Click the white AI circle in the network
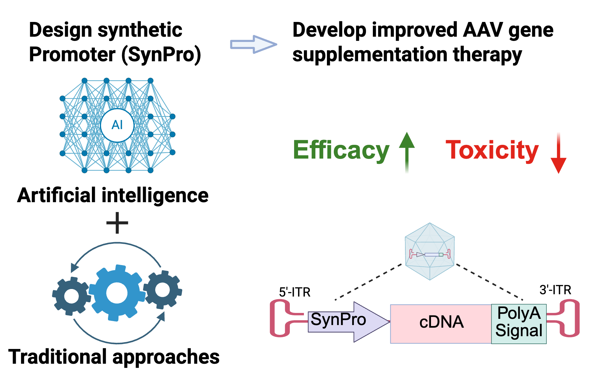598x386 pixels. pyautogui.click(x=117, y=125)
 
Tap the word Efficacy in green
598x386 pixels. pyautogui.click(x=341, y=150)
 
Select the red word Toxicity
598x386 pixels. pyautogui.click(x=492, y=150)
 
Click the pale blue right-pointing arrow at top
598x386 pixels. pyautogui.click(x=253, y=44)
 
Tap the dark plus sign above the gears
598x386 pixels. pyautogui.click(x=117, y=223)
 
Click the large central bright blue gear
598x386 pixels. pyautogui.click(x=117, y=293)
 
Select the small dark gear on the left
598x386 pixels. pyautogui.click(x=71, y=296)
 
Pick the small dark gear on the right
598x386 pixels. pyautogui.click(x=163, y=290)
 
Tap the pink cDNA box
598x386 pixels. pyautogui.click(x=440, y=323)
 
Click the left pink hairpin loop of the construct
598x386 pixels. pyautogui.click(x=279, y=318)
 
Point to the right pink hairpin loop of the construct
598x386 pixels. pyautogui.click(x=570, y=318)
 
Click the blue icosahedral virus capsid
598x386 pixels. pyautogui.click(x=430, y=251)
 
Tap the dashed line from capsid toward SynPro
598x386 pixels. pyautogui.click(x=368, y=282)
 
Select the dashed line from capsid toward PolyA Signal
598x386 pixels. pyautogui.click(x=489, y=282)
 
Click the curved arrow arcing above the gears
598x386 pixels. pyautogui.click(x=117, y=243)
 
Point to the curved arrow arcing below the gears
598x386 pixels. pyautogui.click(x=117, y=343)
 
